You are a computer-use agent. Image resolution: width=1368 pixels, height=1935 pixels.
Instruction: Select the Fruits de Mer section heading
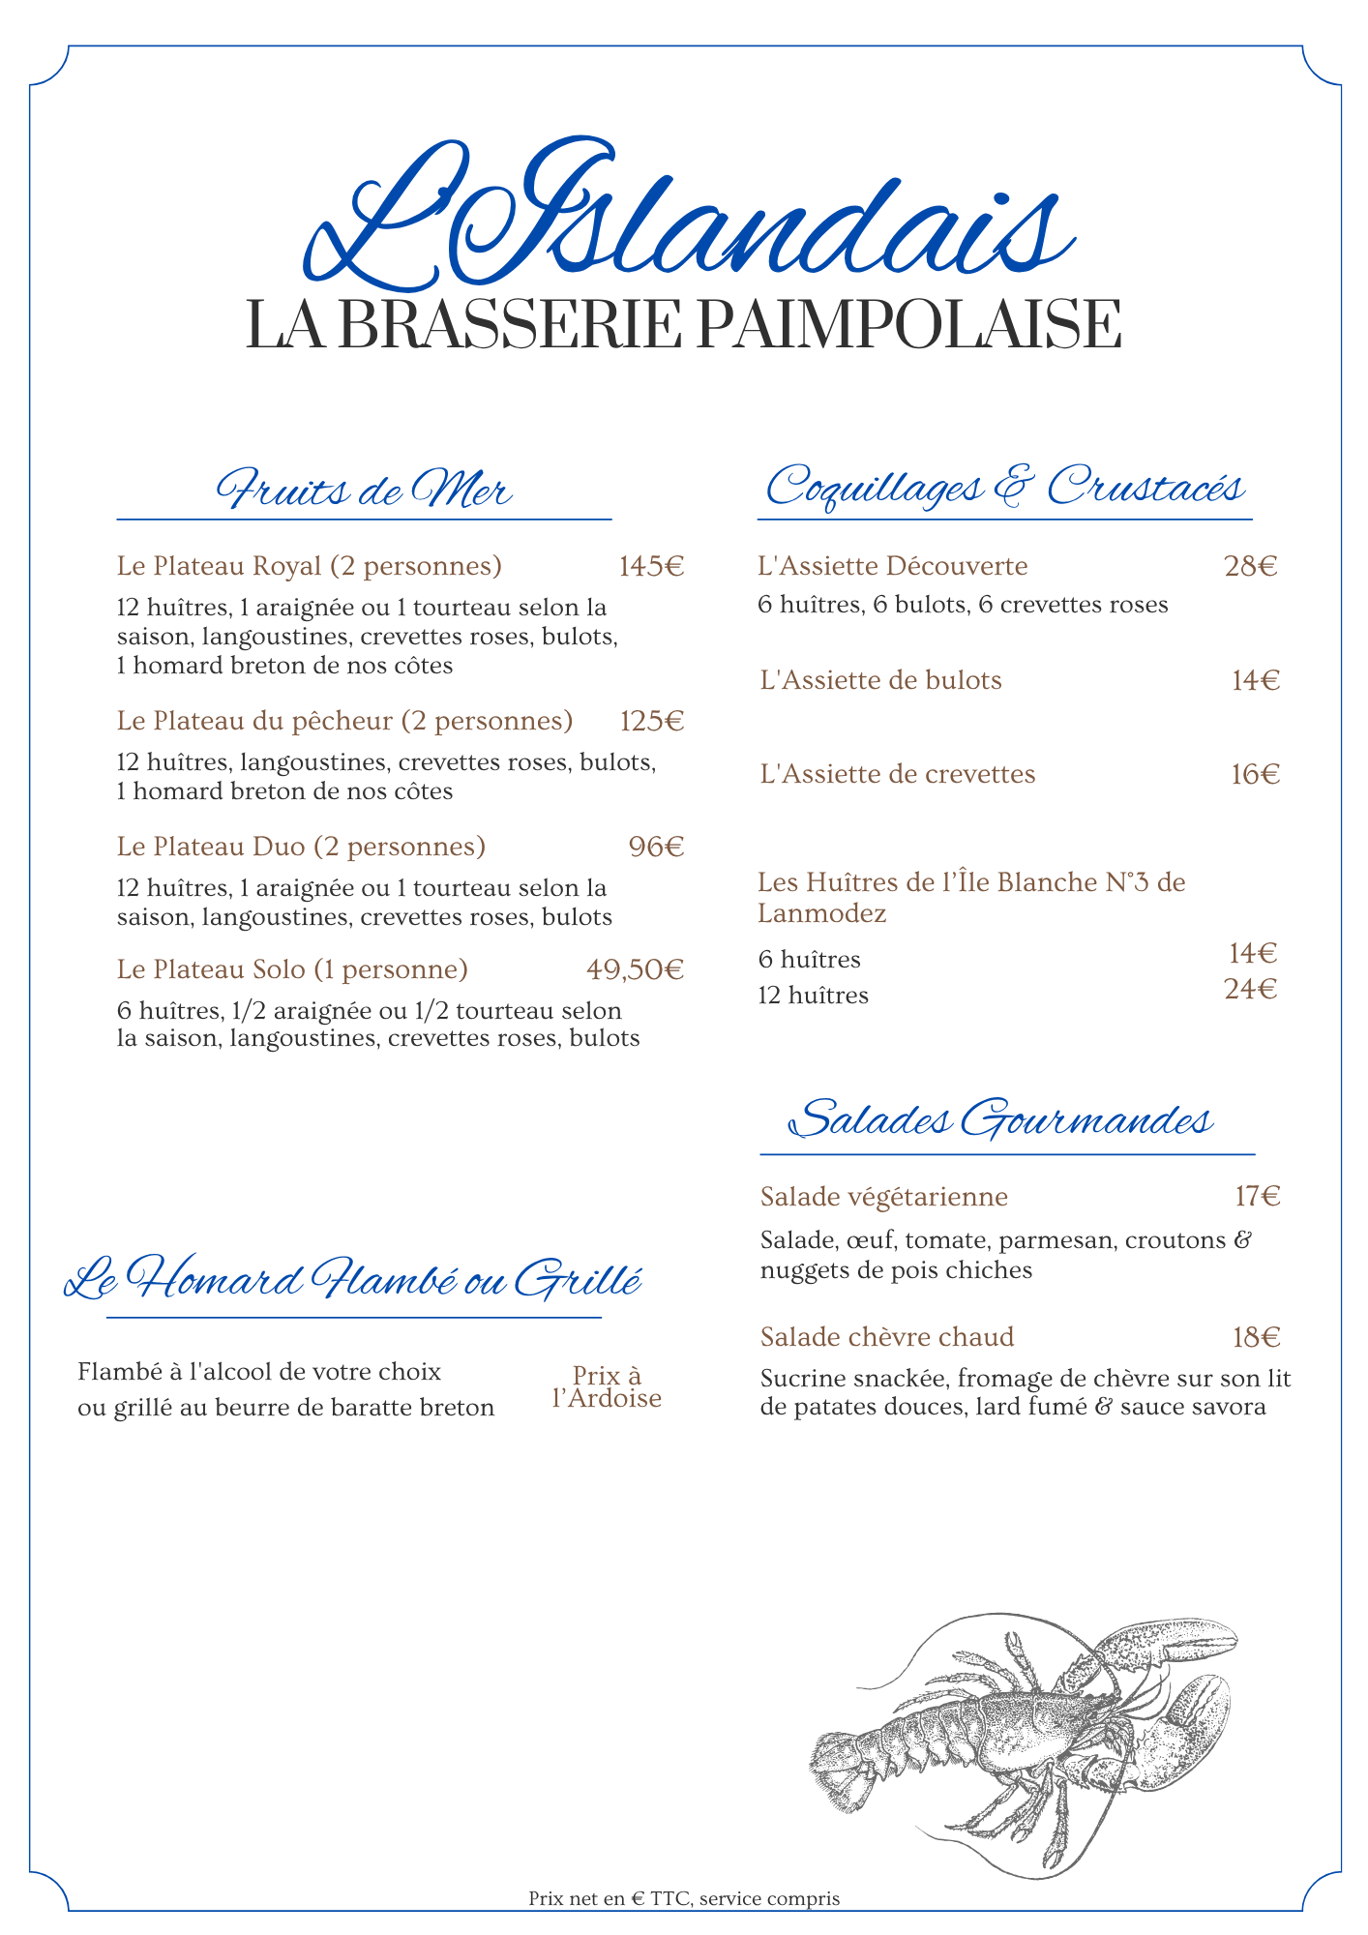(364, 490)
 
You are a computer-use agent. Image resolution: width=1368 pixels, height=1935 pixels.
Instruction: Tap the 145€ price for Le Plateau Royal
(651, 566)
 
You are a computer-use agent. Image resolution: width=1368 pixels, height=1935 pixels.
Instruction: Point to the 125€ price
(651, 721)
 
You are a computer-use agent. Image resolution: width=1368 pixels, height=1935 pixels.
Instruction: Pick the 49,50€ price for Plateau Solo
(635, 969)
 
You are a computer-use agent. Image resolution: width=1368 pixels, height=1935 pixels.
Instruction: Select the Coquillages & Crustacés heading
(1004, 487)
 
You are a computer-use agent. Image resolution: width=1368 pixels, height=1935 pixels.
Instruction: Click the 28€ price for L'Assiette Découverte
(1250, 566)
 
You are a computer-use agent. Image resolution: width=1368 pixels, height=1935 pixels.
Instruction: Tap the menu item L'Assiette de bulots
(881, 680)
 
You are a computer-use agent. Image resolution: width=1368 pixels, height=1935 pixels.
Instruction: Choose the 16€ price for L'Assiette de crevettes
(1255, 774)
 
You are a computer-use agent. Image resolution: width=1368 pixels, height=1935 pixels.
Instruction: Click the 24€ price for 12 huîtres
(1250, 990)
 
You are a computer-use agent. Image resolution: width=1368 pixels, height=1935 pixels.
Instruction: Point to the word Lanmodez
(822, 913)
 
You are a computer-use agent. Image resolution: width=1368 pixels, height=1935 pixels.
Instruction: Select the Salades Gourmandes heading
(1001, 1120)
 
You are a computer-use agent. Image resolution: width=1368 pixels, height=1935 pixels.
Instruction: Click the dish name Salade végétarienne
(884, 1197)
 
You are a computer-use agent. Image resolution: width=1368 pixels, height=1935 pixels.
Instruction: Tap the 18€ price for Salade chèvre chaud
(1256, 1337)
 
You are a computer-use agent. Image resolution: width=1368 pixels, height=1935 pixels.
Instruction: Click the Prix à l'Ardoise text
(607, 1387)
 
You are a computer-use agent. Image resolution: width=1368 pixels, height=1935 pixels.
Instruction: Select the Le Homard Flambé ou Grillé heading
(353, 1280)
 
